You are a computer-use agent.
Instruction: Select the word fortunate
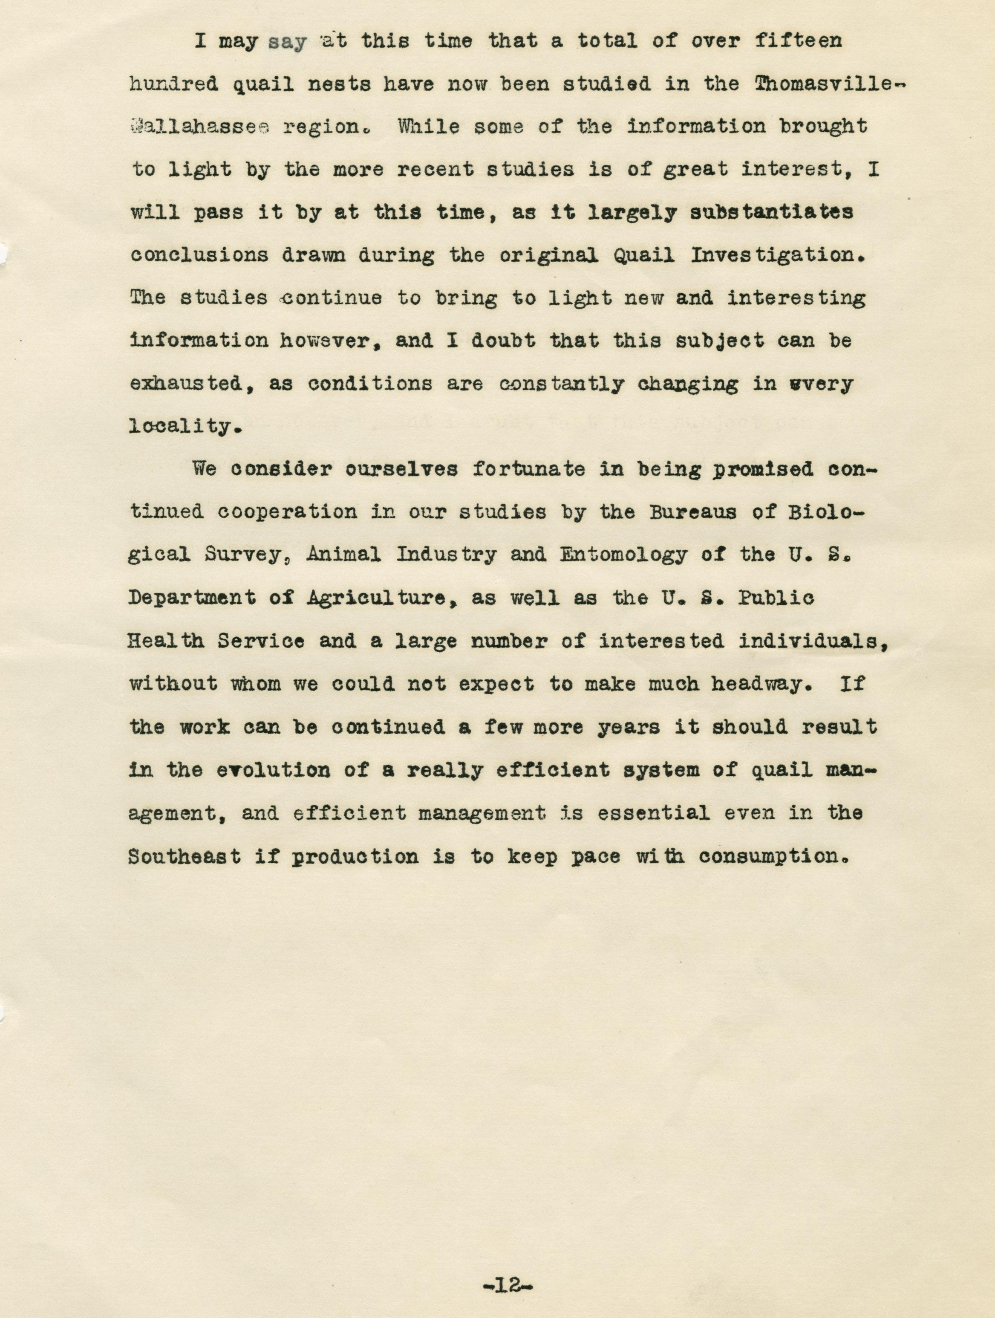pyautogui.click(x=529, y=469)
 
